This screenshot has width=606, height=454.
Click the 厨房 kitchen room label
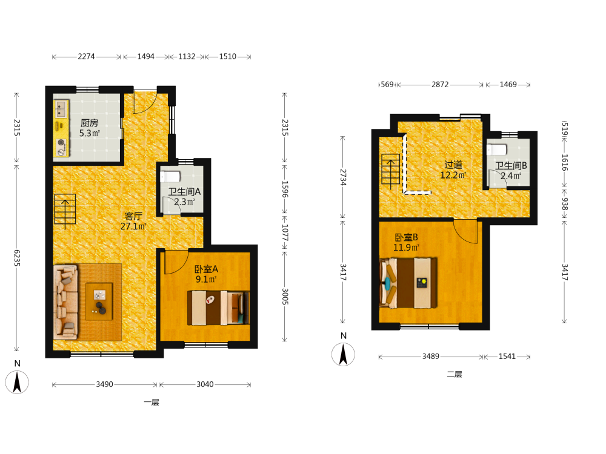tap(89, 123)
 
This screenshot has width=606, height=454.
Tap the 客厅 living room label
tap(133, 216)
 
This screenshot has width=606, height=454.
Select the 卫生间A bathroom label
tap(184, 192)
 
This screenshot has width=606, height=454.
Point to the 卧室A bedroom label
tap(206, 269)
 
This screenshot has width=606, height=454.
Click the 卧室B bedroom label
tap(406, 237)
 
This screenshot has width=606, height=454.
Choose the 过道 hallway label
tap(453, 165)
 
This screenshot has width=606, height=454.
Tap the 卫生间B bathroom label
tap(511, 166)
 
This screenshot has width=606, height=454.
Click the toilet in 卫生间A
tap(170, 177)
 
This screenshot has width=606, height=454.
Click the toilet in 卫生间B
tap(497, 150)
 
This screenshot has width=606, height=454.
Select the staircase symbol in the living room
tap(65, 209)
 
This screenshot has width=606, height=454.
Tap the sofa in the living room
tap(65, 302)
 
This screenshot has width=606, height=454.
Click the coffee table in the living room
tap(99, 301)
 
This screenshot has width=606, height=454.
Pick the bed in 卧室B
tap(408, 283)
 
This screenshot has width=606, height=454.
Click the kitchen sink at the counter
tap(61, 108)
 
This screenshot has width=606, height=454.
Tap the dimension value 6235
tap(17, 258)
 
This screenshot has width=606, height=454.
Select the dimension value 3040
tap(205, 384)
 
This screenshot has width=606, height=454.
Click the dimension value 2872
tap(440, 85)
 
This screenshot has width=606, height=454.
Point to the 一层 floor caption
tap(151, 403)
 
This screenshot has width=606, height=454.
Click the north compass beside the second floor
tap(343, 354)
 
